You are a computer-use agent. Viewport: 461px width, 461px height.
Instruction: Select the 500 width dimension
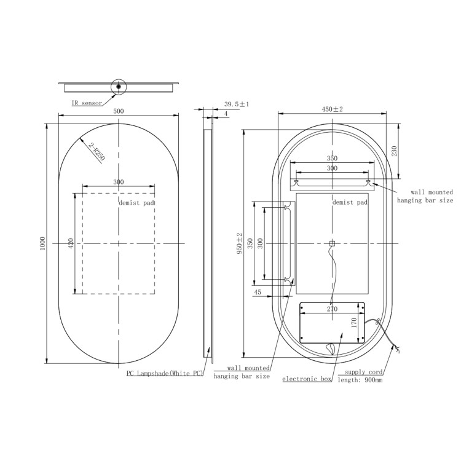tap(119, 111)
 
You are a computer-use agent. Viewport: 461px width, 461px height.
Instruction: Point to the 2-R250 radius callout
tap(97, 151)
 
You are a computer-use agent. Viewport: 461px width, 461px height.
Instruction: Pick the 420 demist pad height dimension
tap(71, 243)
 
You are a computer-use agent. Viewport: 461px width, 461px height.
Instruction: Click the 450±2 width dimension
tap(333, 109)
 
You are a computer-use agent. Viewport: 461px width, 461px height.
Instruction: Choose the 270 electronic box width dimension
tap(333, 310)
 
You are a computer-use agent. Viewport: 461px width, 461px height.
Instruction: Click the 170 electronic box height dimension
tap(354, 323)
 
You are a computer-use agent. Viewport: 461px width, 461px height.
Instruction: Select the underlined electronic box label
tap(307, 379)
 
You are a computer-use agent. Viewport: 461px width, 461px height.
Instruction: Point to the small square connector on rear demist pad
tap(332, 243)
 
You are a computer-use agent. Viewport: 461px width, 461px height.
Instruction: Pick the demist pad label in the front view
tap(136, 202)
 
